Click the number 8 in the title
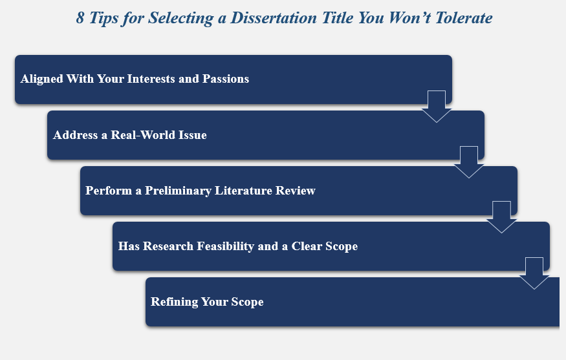(x=80, y=18)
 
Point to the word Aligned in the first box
(x=41, y=79)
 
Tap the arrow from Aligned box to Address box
(x=437, y=105)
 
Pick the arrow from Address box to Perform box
(x=469, y=162)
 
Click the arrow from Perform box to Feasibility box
(x=501, y=217)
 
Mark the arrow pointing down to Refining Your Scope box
(x=534, y=272)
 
